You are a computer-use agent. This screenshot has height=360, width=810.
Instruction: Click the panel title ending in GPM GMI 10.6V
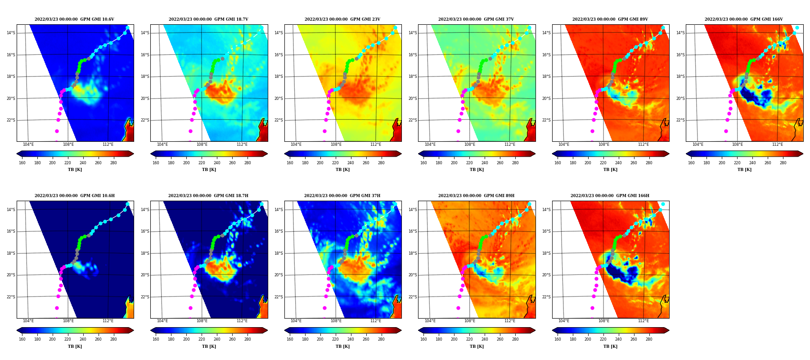[74, 19]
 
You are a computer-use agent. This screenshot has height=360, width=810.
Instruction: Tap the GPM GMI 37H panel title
[342, 196]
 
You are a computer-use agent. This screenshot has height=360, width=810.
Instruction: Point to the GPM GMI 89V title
[610, 19]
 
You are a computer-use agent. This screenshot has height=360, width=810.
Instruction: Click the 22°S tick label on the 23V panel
[279, 120]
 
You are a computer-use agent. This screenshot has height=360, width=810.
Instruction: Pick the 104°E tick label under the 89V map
[564, 144]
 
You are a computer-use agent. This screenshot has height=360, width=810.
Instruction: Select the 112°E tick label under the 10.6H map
[108, 321]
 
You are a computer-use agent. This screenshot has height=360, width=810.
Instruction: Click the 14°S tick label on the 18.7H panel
[145, 210]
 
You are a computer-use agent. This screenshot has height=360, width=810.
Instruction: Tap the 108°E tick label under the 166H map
[604, 321]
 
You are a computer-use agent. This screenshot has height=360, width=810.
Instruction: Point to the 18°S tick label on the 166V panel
[680, 76]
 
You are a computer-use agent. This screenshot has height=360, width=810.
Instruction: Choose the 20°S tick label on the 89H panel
[413, 275]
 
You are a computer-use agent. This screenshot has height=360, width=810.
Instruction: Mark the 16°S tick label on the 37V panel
[413, 55]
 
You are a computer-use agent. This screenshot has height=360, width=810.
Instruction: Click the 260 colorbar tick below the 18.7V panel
[232, 163]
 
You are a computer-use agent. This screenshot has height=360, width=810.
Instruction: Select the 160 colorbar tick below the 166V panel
[691, 163]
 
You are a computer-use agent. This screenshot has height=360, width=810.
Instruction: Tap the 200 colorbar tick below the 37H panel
[320, 339]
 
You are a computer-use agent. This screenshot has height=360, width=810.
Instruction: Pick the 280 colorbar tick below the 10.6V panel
[113, 163]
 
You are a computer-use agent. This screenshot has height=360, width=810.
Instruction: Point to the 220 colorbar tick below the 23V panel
[335, 163]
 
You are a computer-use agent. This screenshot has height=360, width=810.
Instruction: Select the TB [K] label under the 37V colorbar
[477, 170]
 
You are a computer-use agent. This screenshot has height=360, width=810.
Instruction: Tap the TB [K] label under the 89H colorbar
[477, 346]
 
